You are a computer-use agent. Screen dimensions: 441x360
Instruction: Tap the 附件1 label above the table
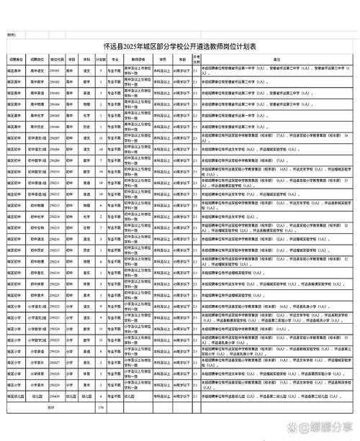pos(12,35)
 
